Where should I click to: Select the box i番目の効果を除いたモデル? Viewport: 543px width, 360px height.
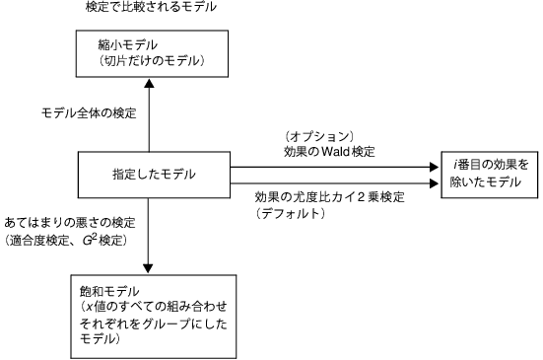pyautogui.click(x=490, y=175)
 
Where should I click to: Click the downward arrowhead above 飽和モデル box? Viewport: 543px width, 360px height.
pyautogui.click(x=149, y=266)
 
